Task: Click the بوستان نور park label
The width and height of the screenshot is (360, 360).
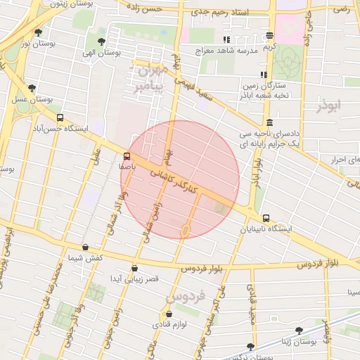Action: [38, 44]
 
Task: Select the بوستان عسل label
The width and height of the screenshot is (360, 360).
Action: [32, 100]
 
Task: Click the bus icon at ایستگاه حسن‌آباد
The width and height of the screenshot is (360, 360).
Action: [60, 118]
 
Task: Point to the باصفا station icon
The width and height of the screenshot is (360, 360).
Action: [127, 156]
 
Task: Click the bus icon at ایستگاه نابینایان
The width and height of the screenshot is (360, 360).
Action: [266, 218]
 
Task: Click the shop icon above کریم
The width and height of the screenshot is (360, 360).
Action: [270, 36]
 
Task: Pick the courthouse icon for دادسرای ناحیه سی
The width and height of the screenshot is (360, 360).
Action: [270, 122]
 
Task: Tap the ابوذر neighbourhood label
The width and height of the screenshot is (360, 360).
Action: [328, 105]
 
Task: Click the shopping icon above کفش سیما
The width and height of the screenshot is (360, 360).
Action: [86, 247]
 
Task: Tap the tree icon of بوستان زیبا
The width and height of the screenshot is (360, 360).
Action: [300, 329]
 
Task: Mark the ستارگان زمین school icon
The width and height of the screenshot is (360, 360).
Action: [264, 74]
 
